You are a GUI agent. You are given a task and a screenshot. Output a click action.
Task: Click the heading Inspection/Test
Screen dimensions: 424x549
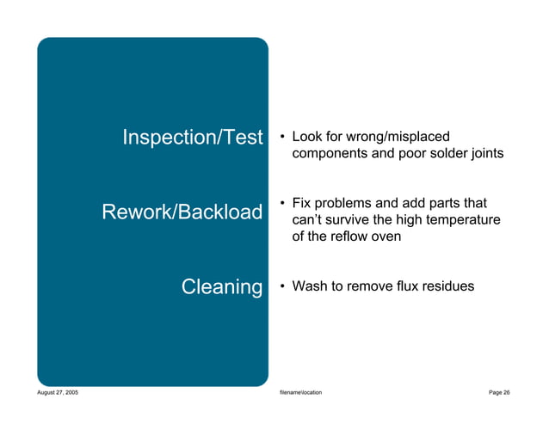coord(192,138)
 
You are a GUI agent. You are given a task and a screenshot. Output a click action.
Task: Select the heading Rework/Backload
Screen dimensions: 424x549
coord(182,212)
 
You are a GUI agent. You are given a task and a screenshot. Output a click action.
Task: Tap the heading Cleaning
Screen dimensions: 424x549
coord(221,286)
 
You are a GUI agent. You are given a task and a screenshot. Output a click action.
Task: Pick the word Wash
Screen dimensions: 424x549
coord(310,286)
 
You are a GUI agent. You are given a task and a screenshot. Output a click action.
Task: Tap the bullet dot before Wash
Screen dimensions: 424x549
coord(281,286)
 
